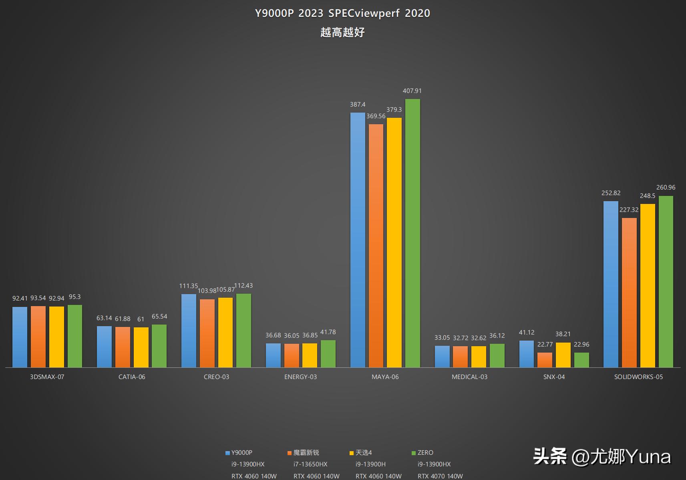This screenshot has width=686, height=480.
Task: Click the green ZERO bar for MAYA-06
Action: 412,233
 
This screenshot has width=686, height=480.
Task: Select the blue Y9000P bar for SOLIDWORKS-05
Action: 611,284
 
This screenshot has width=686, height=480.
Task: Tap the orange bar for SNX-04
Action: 545,360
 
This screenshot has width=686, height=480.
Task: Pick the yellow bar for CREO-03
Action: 225,332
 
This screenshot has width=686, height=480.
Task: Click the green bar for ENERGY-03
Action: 328,353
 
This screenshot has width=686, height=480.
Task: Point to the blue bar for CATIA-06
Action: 104,347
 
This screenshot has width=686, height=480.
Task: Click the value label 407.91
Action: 412,91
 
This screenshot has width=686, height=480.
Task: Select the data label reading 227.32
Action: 629,210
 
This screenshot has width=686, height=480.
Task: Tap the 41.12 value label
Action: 526,333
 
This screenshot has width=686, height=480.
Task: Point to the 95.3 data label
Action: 74,297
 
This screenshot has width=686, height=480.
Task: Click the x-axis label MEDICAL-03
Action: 469,377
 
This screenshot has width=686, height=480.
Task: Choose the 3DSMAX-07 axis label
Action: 47,377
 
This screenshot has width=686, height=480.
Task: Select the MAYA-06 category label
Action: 385,377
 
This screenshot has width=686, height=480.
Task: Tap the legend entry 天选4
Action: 363,453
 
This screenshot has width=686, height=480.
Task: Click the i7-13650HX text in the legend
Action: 310,464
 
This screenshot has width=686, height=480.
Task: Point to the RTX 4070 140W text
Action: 440,476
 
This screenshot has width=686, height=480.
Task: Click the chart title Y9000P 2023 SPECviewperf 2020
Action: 342,13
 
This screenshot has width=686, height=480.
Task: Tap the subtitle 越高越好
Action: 342,32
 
